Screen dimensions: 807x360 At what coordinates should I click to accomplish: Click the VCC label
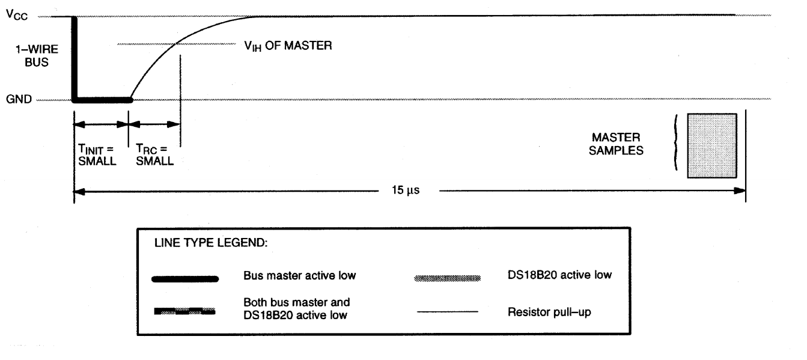pyautogui.click(x=17, y=15)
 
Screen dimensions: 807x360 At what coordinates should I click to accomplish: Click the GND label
pyautogui.click(x=19, y=99)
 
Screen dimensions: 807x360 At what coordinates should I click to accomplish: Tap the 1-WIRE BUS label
pyautogui.click(x=37, y=55)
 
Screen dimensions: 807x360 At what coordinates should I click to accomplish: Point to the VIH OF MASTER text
pyautogui.click(x=288, y=46)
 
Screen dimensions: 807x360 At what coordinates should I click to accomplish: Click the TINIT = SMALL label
pyautogui.click(x=97, y=155)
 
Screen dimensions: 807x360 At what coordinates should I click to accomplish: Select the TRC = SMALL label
pyautogui.click(x=154, y=155)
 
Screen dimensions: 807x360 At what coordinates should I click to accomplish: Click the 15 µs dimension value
pyautogui.click(x=406, y=190)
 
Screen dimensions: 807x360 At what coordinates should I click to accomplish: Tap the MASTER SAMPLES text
pyautogui.click(x=616, y=144)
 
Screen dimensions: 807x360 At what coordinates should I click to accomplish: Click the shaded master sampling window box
pyautogui.click(x=712, y=145)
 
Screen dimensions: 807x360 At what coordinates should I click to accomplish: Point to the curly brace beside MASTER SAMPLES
pyautogui.click(x=676, y=142)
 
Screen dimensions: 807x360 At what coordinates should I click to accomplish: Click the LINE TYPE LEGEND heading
pyautogui.click(x=211, y=243)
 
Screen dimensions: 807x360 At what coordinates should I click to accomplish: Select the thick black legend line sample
pyautogui.click(x=185, y=279)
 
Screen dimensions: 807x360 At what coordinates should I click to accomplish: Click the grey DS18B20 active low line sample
pyautogui.click(x=448, y=278)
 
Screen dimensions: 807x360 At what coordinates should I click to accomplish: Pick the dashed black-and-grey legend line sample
pyautogui.click(x=184, y=311)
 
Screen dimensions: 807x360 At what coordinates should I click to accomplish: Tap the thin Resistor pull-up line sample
pyautogui.click(x=448, y=312)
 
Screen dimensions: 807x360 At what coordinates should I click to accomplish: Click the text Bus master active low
pyautogui.click(x=299, y=276)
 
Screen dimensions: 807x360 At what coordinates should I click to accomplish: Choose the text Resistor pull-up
pyautogui.click(x=549, y=312)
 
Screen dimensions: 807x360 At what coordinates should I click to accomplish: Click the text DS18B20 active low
pyautogui.click(x=559, y=275)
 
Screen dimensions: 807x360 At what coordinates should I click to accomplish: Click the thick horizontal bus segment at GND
pyautogui.click(x=103, y=100)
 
